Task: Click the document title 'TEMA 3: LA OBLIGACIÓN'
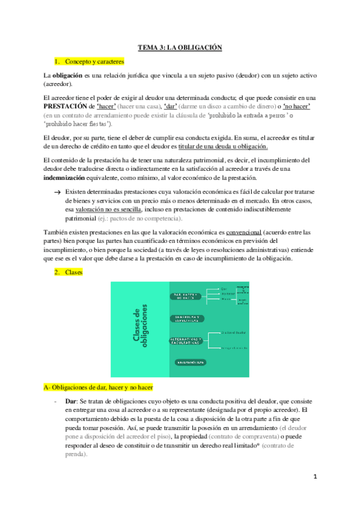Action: click(180, 47)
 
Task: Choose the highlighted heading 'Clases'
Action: click(75, 272)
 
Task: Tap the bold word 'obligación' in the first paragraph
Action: click(69, 76)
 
